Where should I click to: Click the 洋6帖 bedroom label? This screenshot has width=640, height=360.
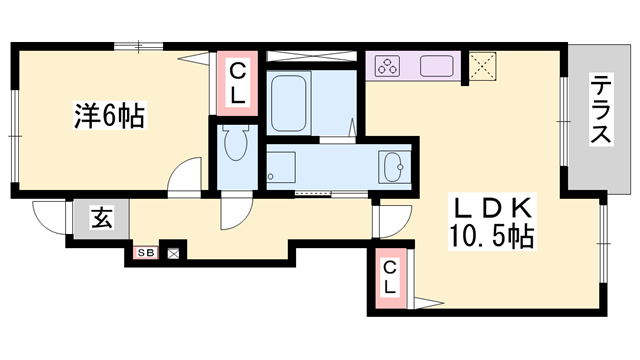click(109, 116)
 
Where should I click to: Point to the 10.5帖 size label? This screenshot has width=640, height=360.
click(492, 236)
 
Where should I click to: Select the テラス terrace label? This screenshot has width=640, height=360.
click(602, 109)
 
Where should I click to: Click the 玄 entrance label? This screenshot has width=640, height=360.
click(101, 218)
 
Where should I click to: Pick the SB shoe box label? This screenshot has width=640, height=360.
click(146, 253)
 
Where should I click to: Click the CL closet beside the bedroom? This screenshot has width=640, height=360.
click(237, 83)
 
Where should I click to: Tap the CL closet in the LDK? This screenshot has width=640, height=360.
click(391, 278)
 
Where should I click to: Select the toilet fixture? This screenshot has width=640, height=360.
click(236, 142)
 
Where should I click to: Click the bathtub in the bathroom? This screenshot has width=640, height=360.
click(289, 103)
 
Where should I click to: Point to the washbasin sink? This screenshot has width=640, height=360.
click(393, 167)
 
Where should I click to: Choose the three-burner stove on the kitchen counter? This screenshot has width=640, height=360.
click(387, 66)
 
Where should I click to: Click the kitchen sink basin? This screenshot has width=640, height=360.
click(437, 66)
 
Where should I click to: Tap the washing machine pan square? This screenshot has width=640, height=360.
click(281, 167)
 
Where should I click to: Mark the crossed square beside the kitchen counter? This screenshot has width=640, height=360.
click(482, 66)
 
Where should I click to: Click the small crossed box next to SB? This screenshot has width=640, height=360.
click(173, 254)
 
